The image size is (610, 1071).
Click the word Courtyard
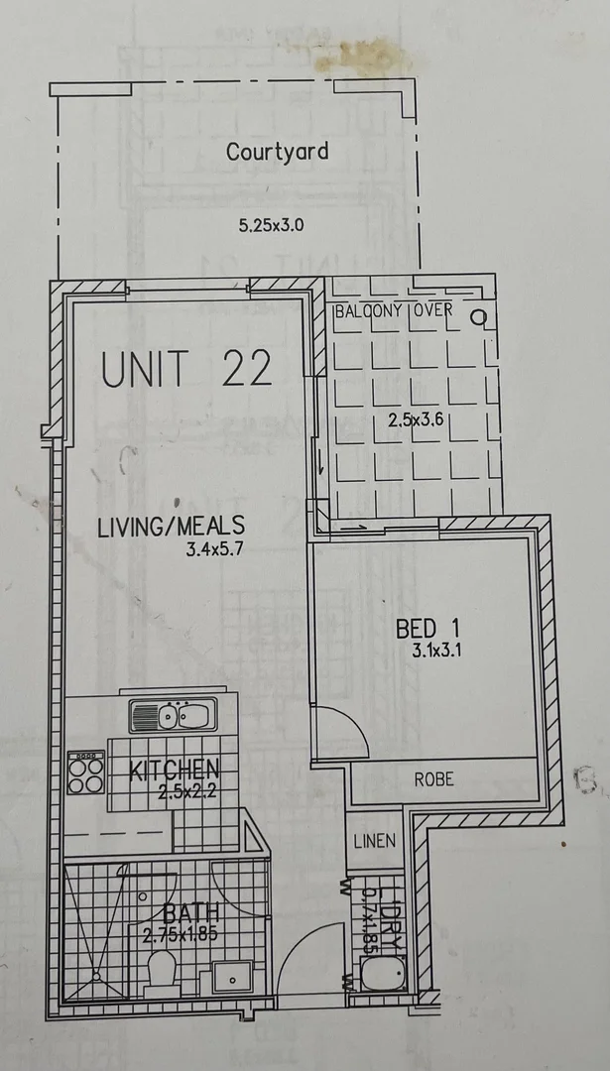click(x=277, y=152)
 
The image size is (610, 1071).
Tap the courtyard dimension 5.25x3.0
click(x=271, y=225)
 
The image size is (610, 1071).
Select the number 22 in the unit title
click(x=246, y=369)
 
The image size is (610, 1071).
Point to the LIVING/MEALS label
click(x=171, y=527)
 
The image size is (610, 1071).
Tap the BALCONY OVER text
click(x=393, y=310)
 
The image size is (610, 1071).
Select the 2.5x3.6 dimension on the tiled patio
click(x=416, y=419)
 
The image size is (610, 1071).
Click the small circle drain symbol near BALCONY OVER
click(x=478, y=317)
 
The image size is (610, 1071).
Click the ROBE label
click(x=433, y=779)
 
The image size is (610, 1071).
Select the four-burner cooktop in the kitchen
click(x=85, y=773)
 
